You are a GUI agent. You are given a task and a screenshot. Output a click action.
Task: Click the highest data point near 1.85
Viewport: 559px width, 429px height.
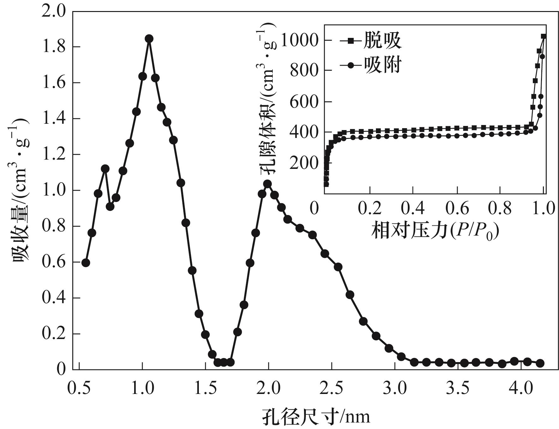pyautogui.click(x=149, y=39)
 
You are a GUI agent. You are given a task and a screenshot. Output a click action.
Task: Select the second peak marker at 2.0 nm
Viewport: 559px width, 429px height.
pyautogui.click(x=268, y=184)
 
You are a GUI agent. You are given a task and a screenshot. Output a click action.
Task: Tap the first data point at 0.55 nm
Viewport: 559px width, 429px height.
pyautogui.click(x=86, y=263)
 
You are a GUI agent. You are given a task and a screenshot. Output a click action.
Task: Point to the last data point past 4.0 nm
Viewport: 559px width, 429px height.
pyautogui.click(x=540, y=363)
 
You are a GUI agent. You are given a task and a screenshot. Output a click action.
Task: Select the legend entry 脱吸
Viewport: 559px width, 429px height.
pyautogui.click(x=382, y=40)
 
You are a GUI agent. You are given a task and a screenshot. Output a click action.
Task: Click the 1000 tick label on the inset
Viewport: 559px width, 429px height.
pyautogui.click(x=300, y=40)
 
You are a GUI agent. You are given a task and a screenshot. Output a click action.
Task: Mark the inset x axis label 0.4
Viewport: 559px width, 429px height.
pyautogui.click(x=413, y=209)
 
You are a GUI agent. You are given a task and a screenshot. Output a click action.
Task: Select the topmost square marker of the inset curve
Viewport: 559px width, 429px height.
pyautogui.click(x=544, y=36)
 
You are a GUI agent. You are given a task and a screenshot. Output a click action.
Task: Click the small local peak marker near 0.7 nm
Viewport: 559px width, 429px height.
pyautogui.click(x=105, y=169)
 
